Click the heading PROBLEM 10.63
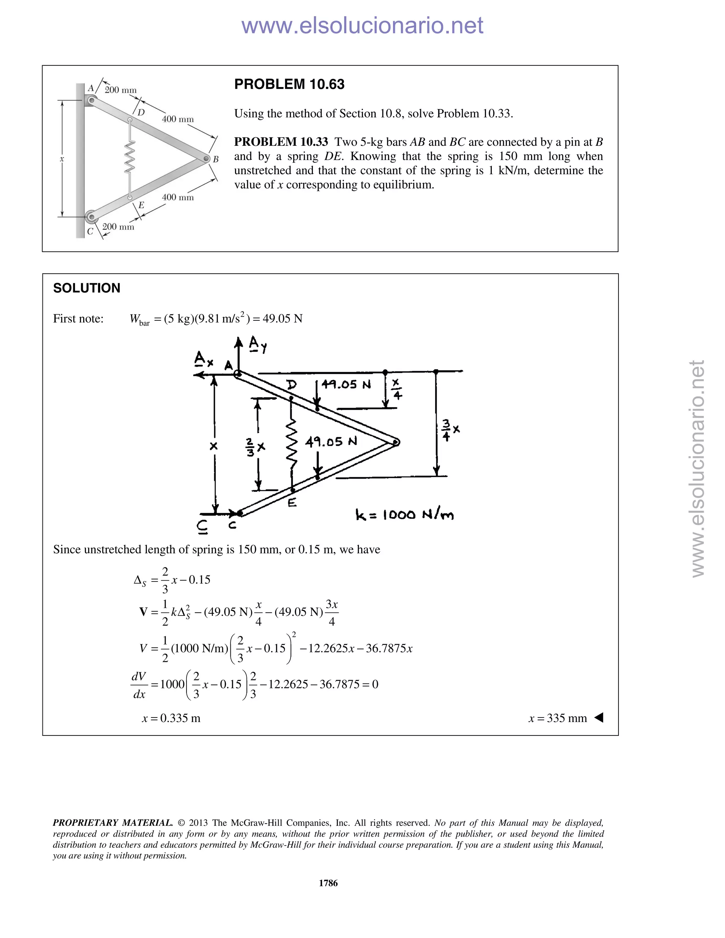(x=289, y=84)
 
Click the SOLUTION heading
(x=87, y=288)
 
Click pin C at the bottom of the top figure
(x=91, y=217)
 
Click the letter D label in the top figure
(x=141, y=112)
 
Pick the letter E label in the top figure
(x=141, y=205)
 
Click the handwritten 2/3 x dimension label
(x=256, y=447)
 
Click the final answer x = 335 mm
(x=558, y=718)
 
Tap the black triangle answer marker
(x=599, y=717)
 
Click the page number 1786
(x=328, y=883)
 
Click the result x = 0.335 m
(x=171, y=718)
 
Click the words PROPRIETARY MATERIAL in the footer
(x=113, y=823)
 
